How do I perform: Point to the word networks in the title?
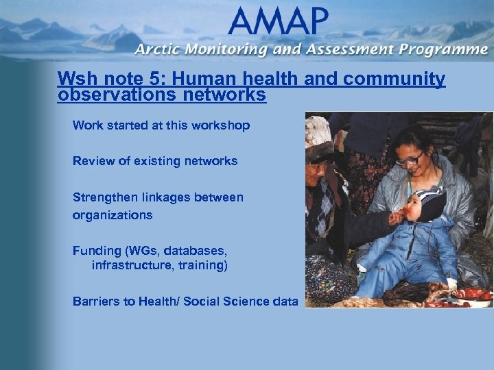(x=224, y=95)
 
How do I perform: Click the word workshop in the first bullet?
(x=223, y=125)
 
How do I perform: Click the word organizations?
(x=113, y=214)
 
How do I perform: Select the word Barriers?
(x=95, y=301)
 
